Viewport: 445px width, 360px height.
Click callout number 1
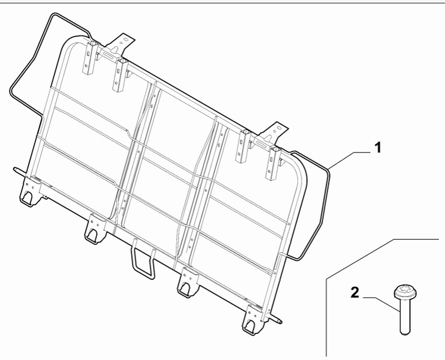coord(378,148)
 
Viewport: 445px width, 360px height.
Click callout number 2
coord(355,293)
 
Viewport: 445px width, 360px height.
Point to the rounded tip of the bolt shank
coord(406,332)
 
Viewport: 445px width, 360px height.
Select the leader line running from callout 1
coord(350,160)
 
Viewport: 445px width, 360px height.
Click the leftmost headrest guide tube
coord(90,58)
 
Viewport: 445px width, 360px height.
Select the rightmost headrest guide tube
coord(273,163)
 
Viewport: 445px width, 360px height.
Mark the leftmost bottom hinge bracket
coord(30,191)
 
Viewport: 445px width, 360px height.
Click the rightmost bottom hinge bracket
coord(253,320)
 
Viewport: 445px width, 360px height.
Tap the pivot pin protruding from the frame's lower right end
coord(275,319)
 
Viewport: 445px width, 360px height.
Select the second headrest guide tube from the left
coord(120,75)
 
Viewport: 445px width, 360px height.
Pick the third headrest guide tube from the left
coord(243,146)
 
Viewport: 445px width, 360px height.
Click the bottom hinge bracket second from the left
coord(95,229)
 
